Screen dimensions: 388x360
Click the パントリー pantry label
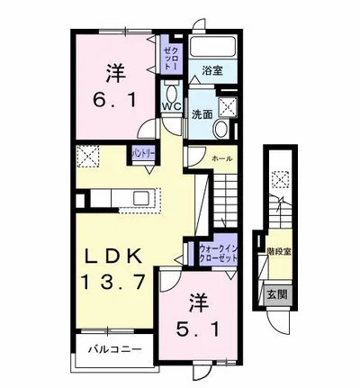click(144, 154)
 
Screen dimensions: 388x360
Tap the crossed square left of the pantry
click(89, 157)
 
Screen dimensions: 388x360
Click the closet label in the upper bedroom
click(171, 53)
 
